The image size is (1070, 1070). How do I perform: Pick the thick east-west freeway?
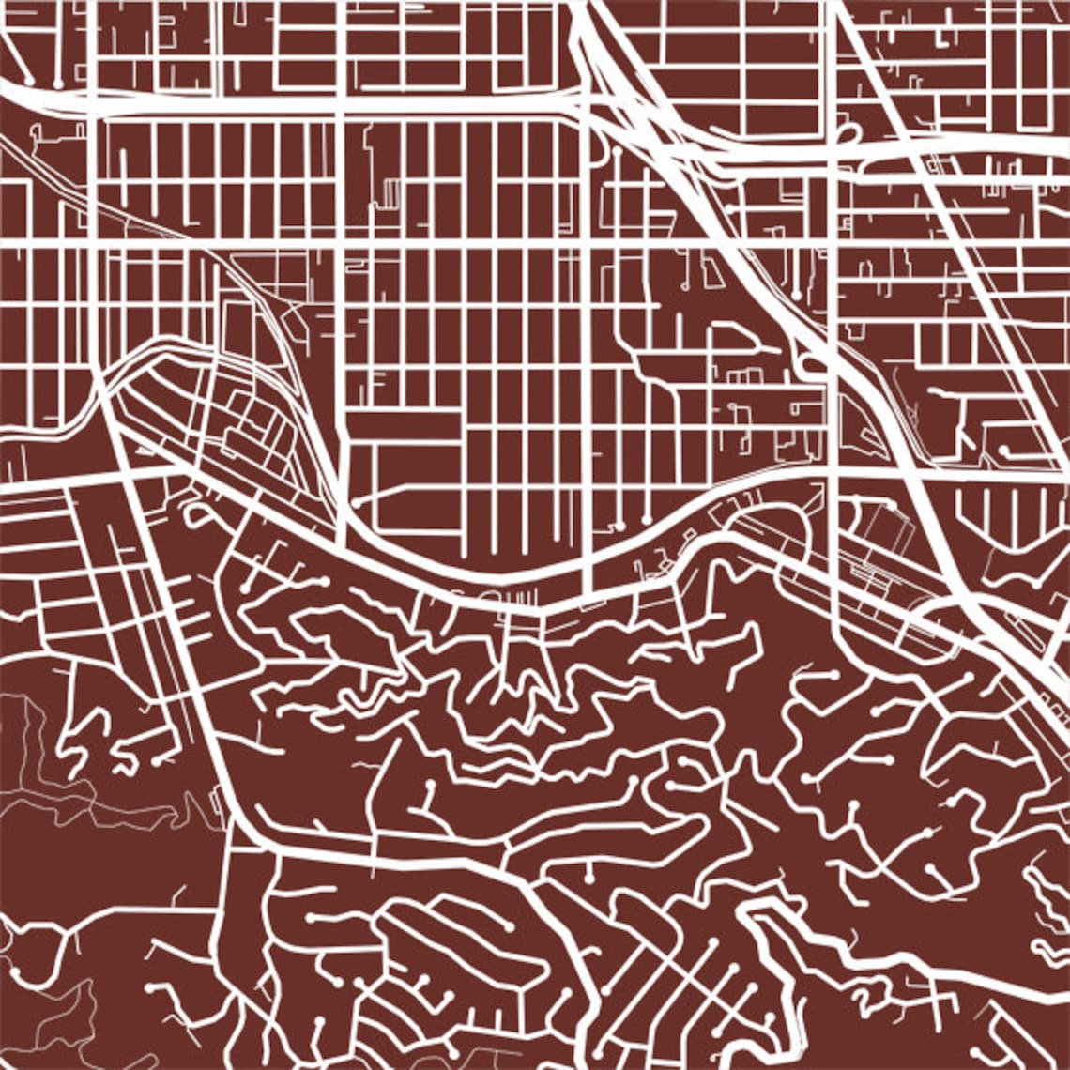282,103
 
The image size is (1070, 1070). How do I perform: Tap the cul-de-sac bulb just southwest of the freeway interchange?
617,150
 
